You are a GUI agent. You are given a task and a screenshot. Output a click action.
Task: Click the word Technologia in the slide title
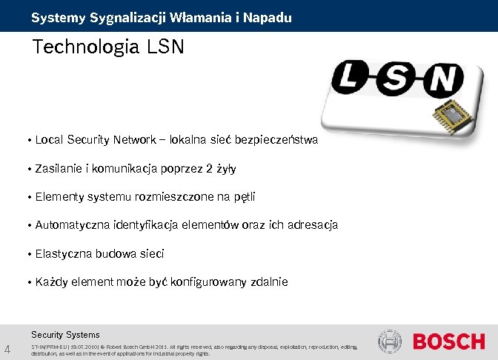86,48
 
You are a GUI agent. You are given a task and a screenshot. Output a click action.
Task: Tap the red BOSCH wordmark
448,341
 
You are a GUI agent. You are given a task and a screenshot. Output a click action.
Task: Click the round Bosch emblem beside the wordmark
390,341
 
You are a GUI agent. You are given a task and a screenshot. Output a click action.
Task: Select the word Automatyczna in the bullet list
73,224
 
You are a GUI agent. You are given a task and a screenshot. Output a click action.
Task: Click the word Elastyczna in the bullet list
64,253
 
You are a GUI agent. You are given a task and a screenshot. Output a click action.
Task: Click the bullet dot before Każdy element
28,283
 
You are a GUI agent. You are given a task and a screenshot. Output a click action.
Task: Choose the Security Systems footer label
65,334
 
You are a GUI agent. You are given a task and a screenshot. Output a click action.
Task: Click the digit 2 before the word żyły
210,168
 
